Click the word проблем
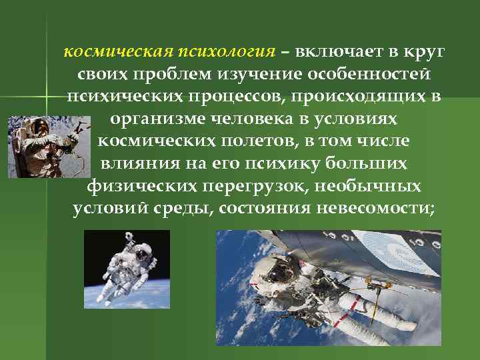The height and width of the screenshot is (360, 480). [x=164, y=75]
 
